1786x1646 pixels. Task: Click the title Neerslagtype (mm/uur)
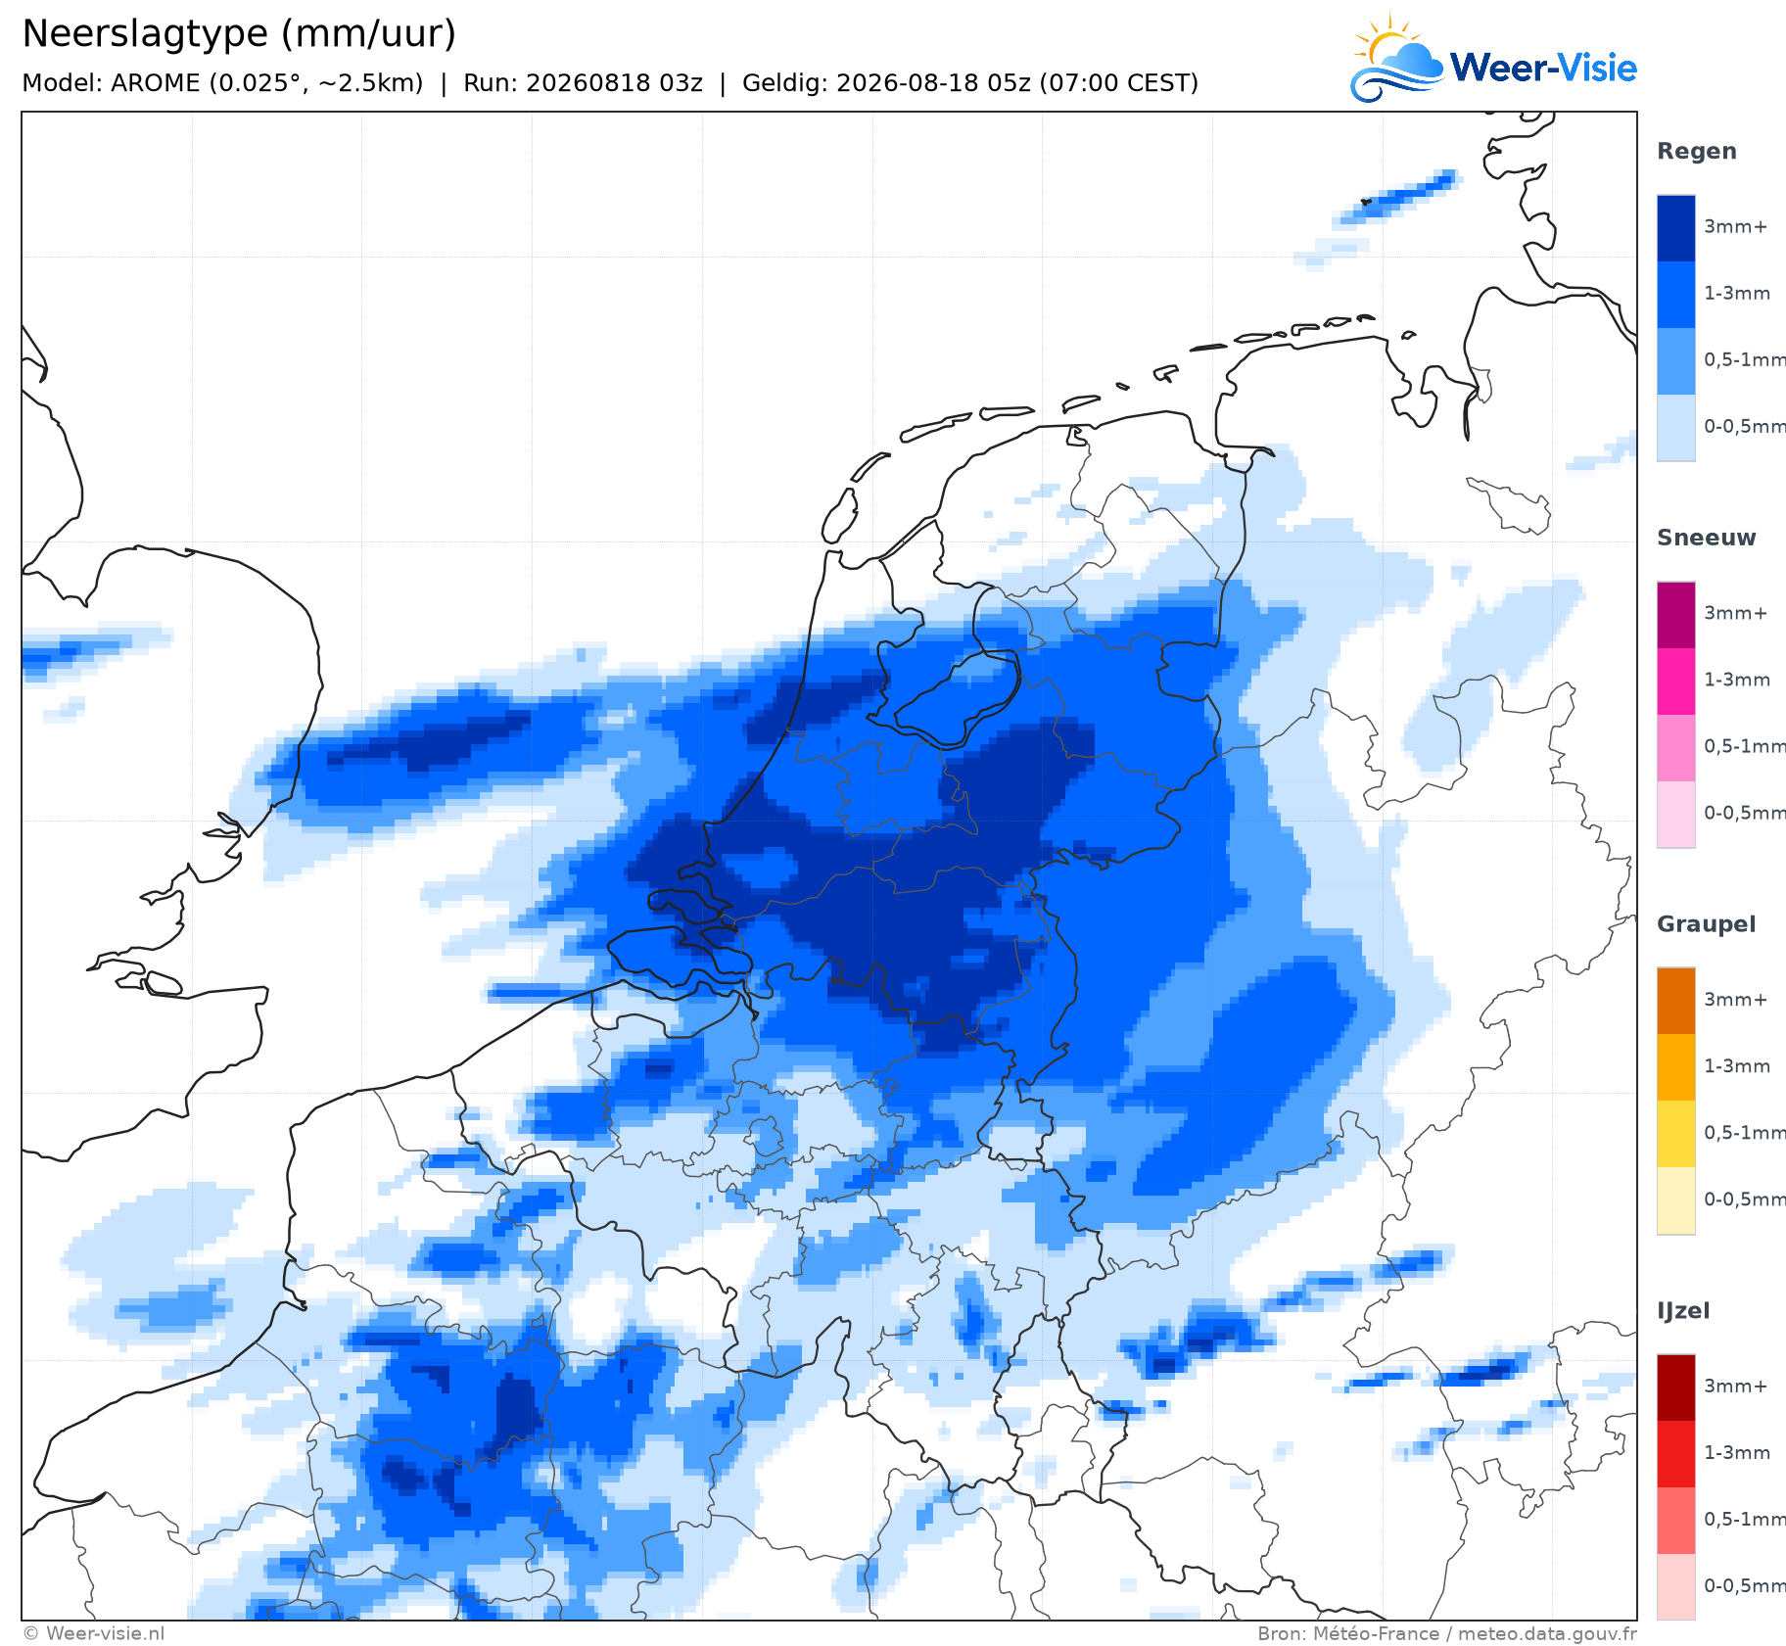(239, 34)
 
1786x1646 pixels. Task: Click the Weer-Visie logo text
(1543, 68)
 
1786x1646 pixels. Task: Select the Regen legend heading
(1697, 151)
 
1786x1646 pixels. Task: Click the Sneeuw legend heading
(1706, 538)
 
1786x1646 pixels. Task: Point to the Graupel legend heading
(1706, 924)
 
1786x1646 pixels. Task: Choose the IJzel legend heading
(1683, 1311)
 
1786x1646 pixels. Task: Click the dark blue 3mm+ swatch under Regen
(1675, 228)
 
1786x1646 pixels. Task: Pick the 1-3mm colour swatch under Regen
(1675, 295)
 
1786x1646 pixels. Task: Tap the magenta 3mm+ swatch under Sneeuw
(1675, 615)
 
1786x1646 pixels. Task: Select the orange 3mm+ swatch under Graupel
(1675, 1001)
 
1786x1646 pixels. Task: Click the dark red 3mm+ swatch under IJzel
(1675, 1387)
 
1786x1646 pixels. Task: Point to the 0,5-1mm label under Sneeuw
(1744, 746)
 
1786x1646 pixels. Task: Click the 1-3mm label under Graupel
(1737, 1065)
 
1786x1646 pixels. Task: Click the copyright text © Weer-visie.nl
(94, 1633)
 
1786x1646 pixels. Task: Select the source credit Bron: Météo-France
(1348, 1633)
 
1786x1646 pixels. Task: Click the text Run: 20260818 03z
(583, 83)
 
